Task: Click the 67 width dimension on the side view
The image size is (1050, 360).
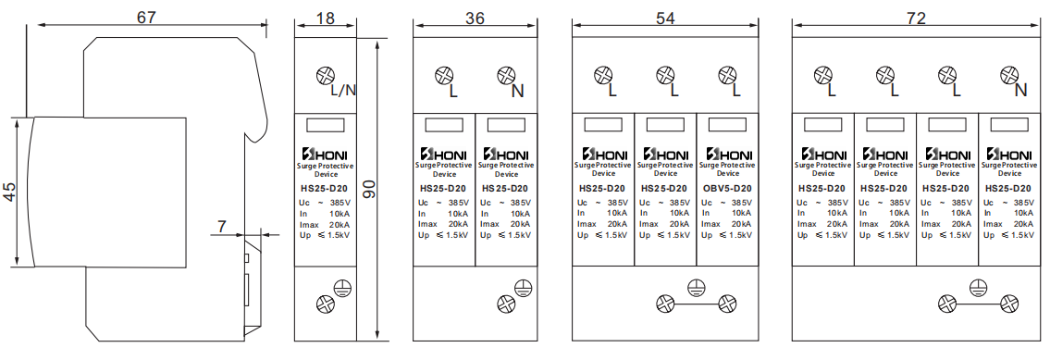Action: (147, 17)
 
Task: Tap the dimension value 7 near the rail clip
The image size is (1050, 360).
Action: (222, 227)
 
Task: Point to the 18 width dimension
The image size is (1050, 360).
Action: (326, 19)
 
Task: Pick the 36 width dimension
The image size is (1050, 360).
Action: (475, 19)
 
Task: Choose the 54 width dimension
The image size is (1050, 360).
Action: (665, 19)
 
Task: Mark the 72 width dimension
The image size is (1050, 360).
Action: (916, 19)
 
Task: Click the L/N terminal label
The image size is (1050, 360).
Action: (343, 91)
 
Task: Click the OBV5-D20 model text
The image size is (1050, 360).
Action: (727, 189)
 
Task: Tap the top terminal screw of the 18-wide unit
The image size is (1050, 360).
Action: (326, 75)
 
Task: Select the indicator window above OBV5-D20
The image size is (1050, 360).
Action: (727, 125)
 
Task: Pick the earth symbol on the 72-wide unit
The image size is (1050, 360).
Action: (979, 288)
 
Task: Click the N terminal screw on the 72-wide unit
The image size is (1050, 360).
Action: (1009, 75)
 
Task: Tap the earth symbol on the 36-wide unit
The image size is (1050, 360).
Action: (524, 288)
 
